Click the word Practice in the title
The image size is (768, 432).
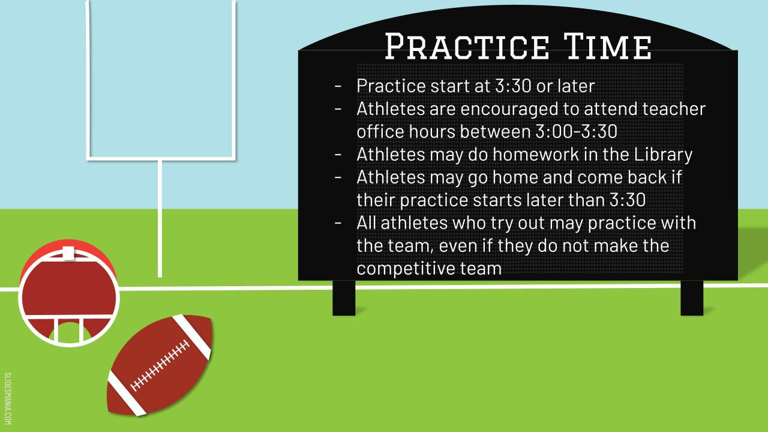point(467,46)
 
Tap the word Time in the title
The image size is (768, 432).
point(608,46)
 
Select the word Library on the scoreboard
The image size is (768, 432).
point(663,155)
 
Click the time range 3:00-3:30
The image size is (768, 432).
point(577,131)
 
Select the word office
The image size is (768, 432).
point(380,131)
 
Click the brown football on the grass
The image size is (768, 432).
point(160,365)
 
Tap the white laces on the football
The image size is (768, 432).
point(160,365)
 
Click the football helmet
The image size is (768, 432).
point(69,293)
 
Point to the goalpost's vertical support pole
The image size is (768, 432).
point(160,218)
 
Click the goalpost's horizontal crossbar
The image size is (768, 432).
point(161,158)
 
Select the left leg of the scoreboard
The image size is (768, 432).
point(344,298)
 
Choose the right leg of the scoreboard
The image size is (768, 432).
point(692,298)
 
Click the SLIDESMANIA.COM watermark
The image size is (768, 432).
point(8,398)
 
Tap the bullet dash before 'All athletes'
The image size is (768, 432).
point(338,223)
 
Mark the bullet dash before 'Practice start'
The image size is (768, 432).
point(338,86)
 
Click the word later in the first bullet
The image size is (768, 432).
point(576,86)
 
